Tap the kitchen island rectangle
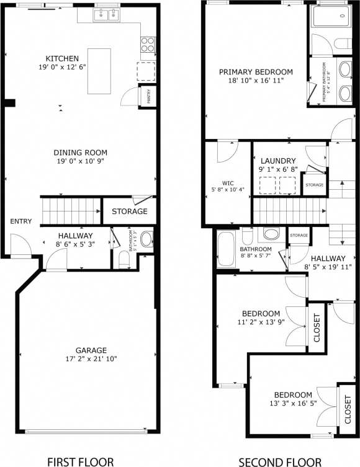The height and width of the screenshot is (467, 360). (x=99, y=71)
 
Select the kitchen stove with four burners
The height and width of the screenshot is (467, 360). (x=148, y=45)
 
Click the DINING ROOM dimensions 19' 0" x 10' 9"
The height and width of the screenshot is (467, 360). (x=80, y=161)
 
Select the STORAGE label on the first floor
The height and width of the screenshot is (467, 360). (x=130, y=211)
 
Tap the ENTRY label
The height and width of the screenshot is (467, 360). (x=20, y=221)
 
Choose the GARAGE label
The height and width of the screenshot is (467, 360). (x=91, y=350)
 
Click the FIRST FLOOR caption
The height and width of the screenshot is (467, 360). (x=81, y=461)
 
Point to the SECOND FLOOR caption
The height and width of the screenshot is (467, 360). (x=280, y=461)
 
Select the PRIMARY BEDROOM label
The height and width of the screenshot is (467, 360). (x=256, y=72)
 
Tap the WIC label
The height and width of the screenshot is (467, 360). (x=228, y=183)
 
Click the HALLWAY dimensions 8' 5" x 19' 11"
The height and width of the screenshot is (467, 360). (x=328, y=267)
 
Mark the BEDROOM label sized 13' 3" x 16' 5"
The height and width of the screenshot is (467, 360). (x=294, y=395)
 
